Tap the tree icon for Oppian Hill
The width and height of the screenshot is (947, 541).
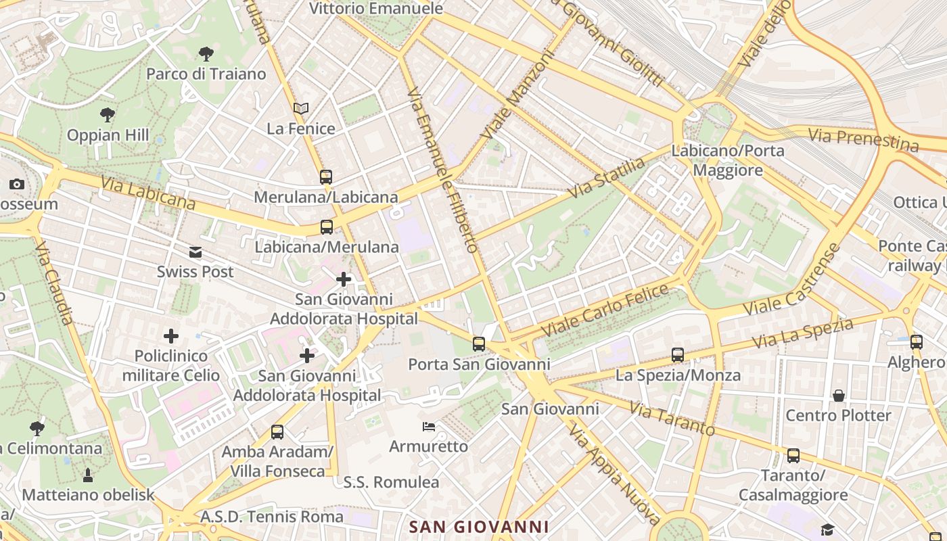(107, 114)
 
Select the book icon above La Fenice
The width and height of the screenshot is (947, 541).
(301, 108)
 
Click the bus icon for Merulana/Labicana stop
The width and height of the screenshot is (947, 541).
(326, 177)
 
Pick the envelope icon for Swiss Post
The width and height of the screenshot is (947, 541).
(195, 252)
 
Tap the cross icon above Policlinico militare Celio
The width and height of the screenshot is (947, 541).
(171, 336)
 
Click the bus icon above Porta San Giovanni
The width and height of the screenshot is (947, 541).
(479, 344)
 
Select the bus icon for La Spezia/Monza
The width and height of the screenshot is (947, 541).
(678, 355)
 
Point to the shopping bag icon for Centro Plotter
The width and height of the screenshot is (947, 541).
(839, 396)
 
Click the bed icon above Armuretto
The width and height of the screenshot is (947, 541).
(429, 427)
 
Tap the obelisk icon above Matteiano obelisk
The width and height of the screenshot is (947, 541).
(88, 475)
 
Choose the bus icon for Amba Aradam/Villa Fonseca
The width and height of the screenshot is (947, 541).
(277, 432)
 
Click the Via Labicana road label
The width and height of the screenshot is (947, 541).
(148, 193)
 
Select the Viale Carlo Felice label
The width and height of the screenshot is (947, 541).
(605, 311)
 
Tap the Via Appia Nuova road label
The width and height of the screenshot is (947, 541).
(615, 474)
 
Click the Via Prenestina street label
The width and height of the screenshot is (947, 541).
(864, 140)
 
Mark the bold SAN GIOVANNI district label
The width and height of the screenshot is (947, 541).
(480, 527)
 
